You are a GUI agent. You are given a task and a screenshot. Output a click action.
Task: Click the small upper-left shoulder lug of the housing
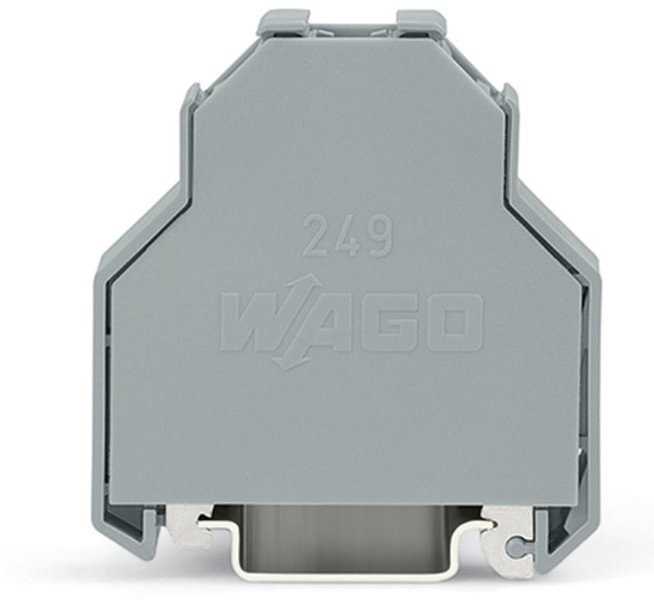pyautogui.click(x=192, y=95)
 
